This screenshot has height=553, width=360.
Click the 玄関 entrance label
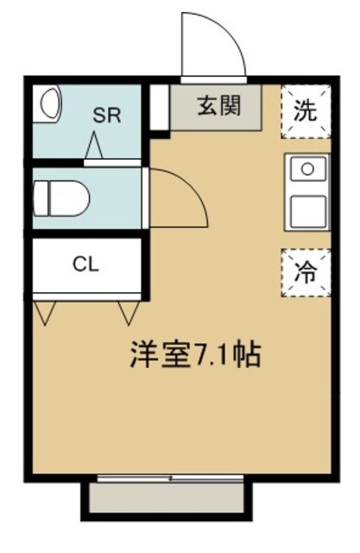[x=218, y=106]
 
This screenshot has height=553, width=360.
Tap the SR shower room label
[x=106, y=115]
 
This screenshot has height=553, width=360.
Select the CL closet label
[x=85, y=264]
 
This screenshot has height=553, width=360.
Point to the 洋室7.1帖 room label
[x=194, y=355]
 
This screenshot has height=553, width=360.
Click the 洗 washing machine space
[x=306, y=111]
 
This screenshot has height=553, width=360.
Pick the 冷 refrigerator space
[x=306, y=271]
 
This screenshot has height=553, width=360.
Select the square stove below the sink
[x=307, y=210]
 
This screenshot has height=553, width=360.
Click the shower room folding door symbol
[x=94, y=148]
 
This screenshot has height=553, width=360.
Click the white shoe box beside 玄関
[x=158, y=108]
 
